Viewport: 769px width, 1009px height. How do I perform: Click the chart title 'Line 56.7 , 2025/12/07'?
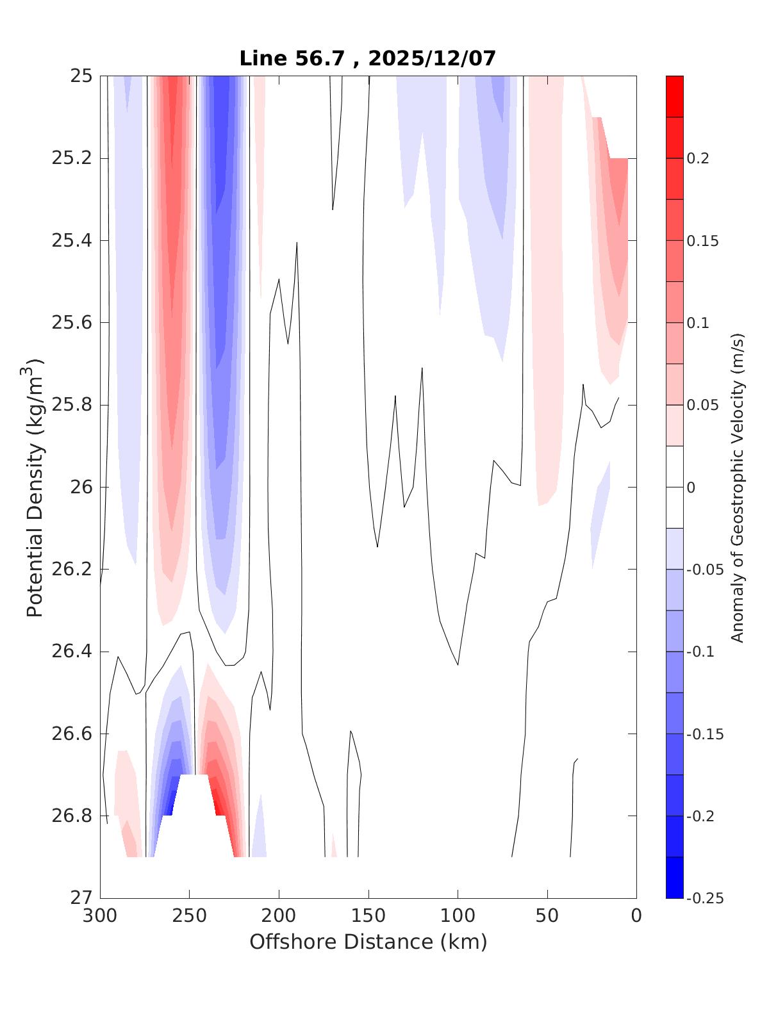click(x=368, y=59)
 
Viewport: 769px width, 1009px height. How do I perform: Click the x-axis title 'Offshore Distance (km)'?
click(x=368, y=942)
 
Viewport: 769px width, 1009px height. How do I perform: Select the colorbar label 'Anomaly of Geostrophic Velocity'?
click(x=738, y=488)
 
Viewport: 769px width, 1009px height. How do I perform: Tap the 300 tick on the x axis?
click(x=101, y=916)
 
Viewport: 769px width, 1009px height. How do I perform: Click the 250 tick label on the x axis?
click(x=190, y=916)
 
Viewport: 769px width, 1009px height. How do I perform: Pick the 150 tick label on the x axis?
click(x=368, y=916)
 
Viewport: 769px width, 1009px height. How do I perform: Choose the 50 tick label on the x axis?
click(x=547, y=916)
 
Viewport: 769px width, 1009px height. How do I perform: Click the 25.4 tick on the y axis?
click(x=72, y=241)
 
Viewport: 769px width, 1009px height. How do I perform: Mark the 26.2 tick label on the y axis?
click(x=72, y=570)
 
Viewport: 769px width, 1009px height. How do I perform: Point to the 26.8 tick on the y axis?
click(x=72, y=816)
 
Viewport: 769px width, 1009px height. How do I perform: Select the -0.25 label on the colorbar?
click(x=704, y=898)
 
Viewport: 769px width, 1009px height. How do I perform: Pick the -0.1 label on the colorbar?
click(x=700, y=652)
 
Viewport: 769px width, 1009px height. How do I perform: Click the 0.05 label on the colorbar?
click(x=702, y=405)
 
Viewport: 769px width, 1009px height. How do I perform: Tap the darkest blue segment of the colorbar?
click(x=675, y=877)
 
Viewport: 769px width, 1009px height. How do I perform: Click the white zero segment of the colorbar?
click(x=675, y=487)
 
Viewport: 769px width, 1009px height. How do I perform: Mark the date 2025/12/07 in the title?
click(x=433, y=59)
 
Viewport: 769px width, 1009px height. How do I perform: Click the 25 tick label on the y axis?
click(x=82, y=76)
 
